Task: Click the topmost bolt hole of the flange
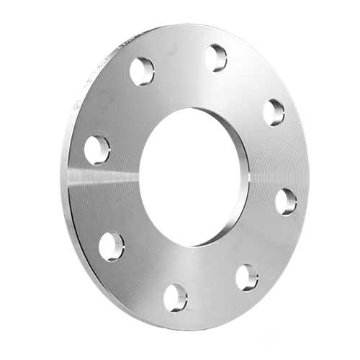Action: [215, 58]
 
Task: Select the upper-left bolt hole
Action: [142, 71]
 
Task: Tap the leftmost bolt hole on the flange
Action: [97, 150]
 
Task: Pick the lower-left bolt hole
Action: [112, 246]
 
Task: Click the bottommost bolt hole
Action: [175, 297]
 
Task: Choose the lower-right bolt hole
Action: [246, 277]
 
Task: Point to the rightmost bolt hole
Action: [286, 202]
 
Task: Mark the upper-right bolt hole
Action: [274, 112]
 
